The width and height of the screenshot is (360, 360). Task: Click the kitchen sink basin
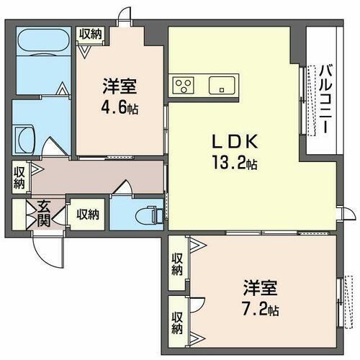pos(222,85)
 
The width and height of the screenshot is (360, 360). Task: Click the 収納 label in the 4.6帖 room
pos(91,33)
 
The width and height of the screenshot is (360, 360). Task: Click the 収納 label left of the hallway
pos(19,178)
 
